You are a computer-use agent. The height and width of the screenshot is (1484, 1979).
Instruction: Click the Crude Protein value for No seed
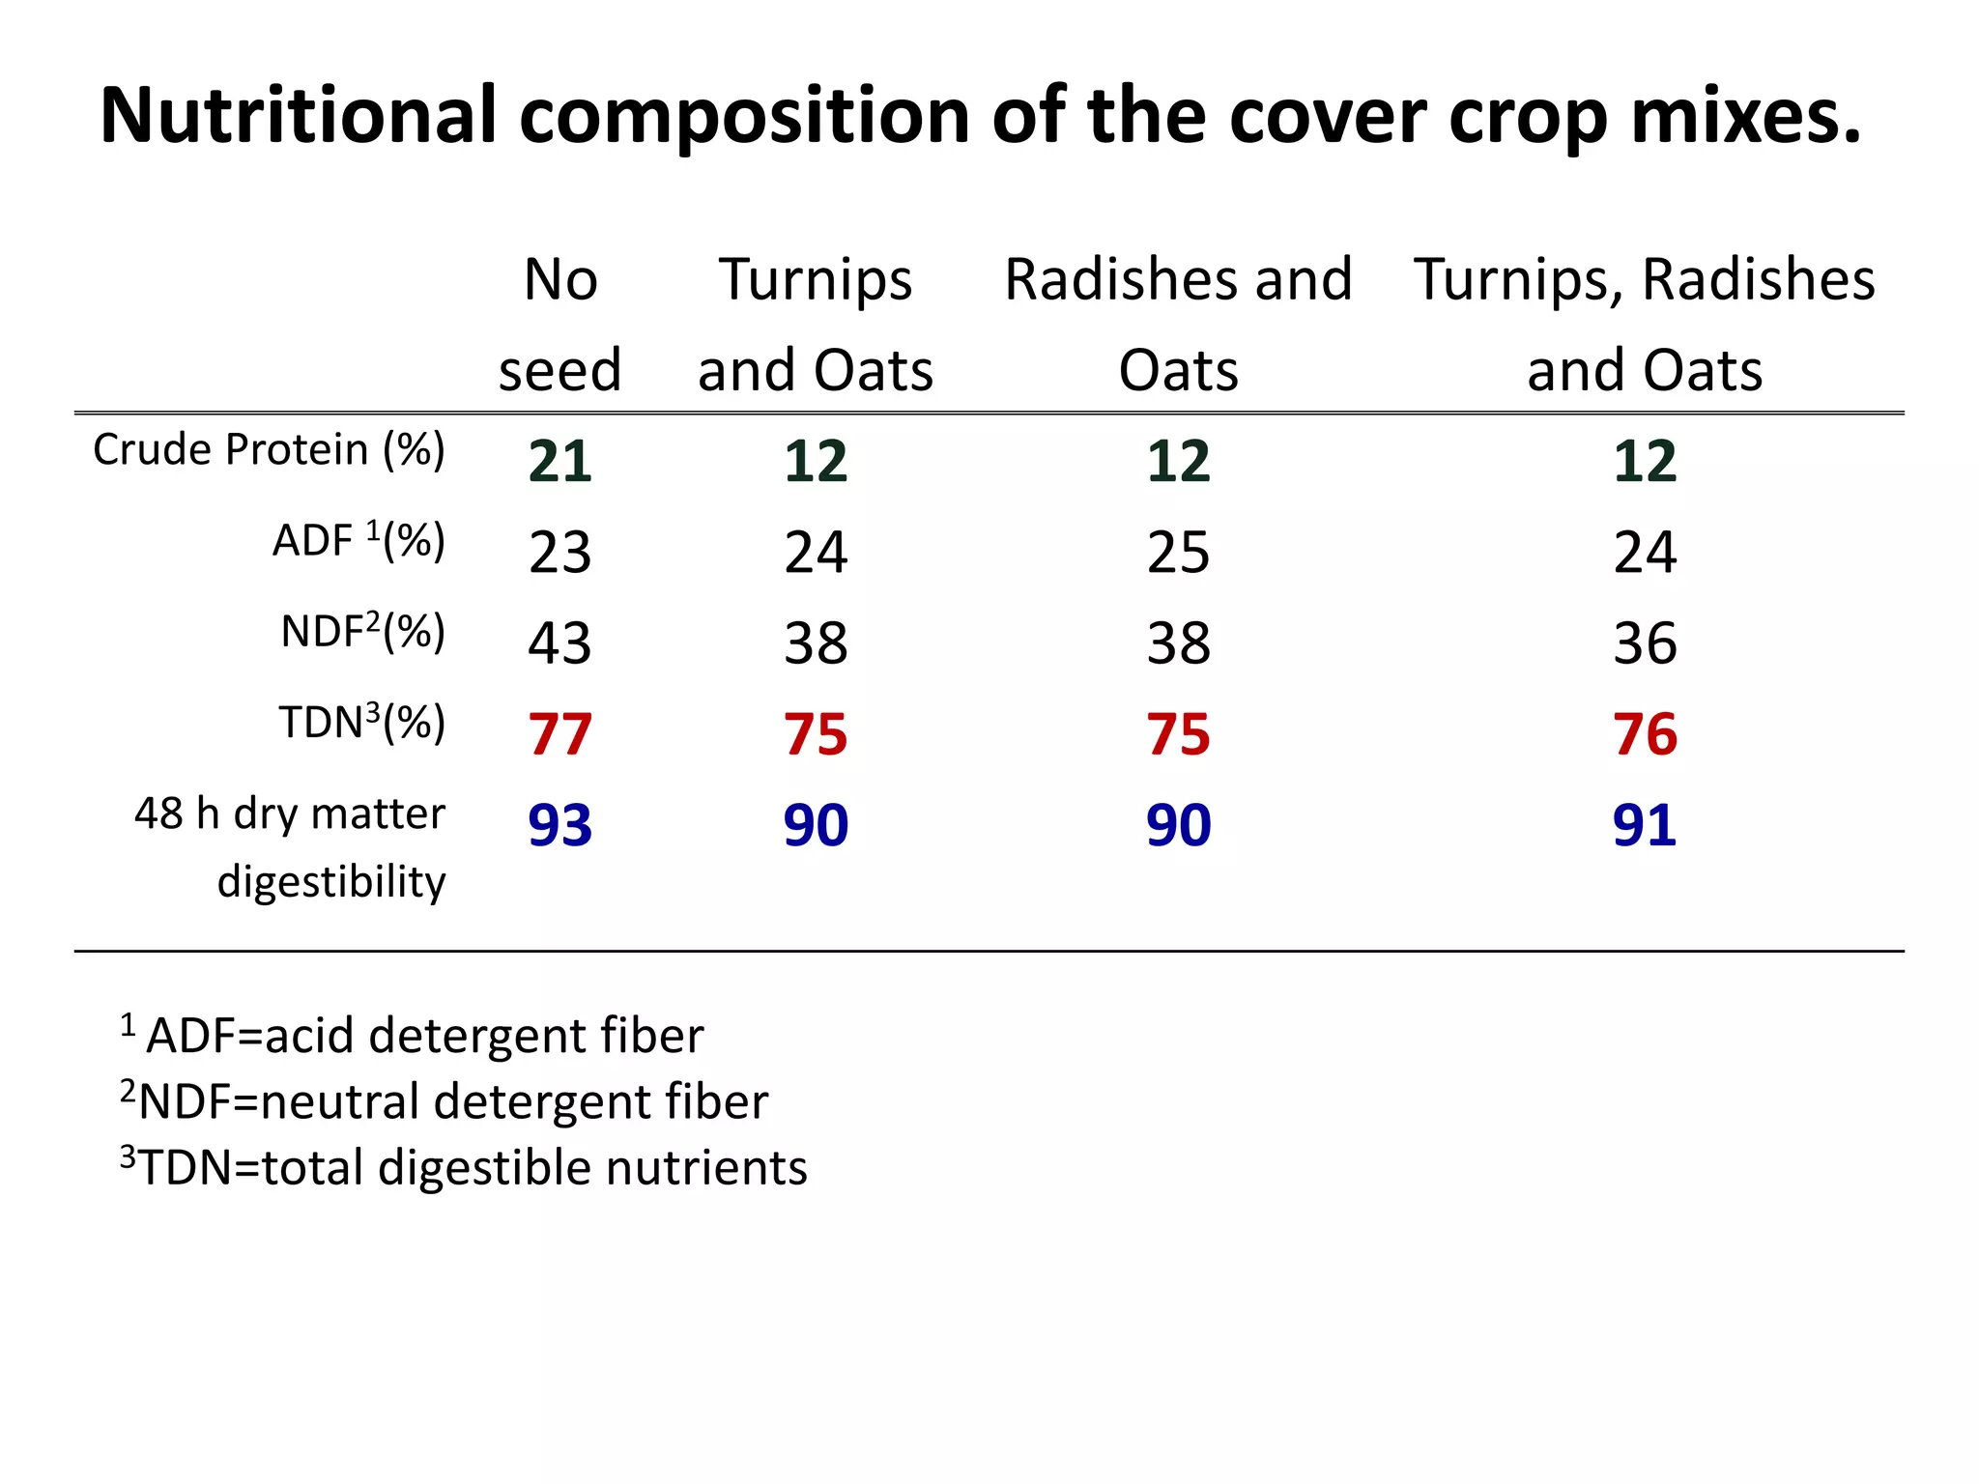click(559, 461)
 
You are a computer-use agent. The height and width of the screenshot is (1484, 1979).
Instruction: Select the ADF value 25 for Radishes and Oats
click(1178, 553)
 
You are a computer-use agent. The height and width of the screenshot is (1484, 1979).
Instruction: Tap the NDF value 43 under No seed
click(559, 643)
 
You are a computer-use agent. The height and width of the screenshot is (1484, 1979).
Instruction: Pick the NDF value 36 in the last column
click(1645, 643)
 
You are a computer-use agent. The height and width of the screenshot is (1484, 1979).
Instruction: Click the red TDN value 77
click(559, 734)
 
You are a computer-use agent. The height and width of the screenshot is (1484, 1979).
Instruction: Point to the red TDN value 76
click(1645, 734)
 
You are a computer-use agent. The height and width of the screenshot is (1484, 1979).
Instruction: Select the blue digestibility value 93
click(559, 825)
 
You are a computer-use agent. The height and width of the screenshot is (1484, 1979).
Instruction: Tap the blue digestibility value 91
click(1645, 825)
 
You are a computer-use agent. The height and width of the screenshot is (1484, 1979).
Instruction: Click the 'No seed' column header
click(559, 325)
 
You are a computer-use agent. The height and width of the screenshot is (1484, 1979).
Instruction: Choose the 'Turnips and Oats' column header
click(816, 325)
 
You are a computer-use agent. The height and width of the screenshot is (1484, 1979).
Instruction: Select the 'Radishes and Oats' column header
click(1178, 325)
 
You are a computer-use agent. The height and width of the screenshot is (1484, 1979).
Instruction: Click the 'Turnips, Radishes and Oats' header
click(1645, 325)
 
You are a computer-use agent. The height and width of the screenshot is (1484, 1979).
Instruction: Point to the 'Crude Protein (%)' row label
click(269, 450)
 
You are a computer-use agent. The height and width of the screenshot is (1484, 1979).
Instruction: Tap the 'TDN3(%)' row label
click(362, 723)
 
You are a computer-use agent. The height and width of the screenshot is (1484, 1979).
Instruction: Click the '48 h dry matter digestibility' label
click(290, 847)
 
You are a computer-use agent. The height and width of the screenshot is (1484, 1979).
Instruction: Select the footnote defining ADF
click(413, 1036)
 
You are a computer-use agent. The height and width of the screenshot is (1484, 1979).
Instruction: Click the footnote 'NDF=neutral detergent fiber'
click(445, 1101)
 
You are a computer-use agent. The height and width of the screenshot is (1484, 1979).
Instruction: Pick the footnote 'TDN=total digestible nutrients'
click(464, 1167)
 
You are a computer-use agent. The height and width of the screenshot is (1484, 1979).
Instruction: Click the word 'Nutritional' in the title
click(299, 115)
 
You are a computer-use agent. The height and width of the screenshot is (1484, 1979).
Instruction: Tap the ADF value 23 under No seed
click(559, 553)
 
